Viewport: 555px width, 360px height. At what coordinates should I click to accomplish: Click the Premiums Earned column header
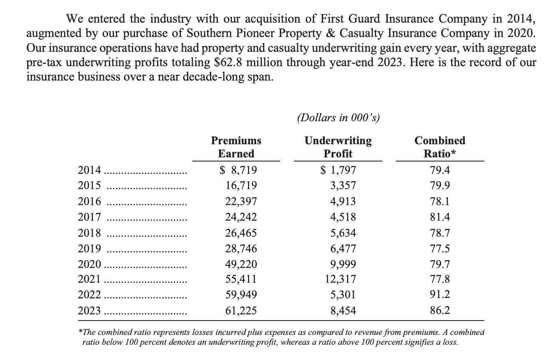(236, 147)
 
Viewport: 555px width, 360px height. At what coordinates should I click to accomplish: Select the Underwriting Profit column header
(338, 147)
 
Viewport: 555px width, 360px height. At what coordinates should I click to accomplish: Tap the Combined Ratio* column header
(440, 147)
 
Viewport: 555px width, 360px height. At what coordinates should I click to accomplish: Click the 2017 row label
(89, 217)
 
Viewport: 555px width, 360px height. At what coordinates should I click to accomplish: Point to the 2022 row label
(89, 295)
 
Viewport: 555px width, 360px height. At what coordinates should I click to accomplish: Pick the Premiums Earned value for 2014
(238, 170)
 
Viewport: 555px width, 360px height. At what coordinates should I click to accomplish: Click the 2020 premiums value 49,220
(241, 263)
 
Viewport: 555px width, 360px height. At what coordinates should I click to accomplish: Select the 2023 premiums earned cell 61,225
(241, 310)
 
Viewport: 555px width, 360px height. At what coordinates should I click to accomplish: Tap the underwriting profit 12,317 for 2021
(340, 279)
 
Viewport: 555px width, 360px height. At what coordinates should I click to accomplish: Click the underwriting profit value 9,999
(343, 263)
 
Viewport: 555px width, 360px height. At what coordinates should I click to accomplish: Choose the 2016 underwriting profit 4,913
(343, 201)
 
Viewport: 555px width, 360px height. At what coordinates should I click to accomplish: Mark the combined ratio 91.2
(440, 295)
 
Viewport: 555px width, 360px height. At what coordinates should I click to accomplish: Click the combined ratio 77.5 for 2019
(440, 248)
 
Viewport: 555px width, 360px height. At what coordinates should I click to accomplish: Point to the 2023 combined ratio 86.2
(440, 310)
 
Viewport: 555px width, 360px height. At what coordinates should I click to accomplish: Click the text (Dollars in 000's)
(338, 118)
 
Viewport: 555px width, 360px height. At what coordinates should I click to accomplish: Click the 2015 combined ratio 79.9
(440, 186)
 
